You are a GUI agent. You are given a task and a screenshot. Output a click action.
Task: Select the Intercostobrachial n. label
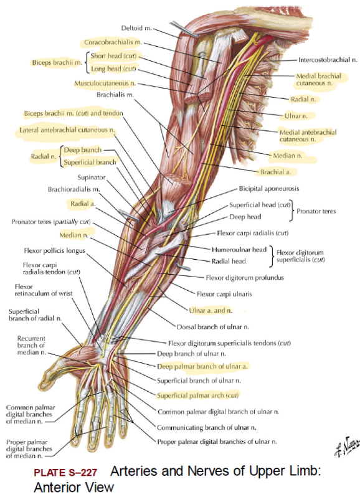click(328, 60)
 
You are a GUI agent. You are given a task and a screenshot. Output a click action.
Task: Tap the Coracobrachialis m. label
click(113, 42)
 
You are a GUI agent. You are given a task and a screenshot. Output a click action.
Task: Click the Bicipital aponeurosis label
click(269, 189)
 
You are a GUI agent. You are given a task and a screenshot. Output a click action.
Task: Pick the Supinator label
click(92, 177)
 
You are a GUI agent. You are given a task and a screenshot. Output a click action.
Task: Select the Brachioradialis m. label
click(74, 189)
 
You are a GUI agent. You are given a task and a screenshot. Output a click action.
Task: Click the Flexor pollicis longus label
click(55, 251)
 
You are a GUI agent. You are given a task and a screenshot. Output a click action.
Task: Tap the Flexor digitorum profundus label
click(245, 278)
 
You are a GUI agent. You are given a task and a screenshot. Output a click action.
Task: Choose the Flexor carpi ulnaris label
click(224, 294)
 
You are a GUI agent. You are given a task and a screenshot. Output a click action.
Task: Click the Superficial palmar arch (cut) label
click(197, 395)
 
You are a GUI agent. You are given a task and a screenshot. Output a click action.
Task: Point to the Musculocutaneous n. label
click(105, 83)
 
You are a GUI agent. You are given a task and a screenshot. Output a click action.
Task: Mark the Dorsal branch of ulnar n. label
click(213, 327)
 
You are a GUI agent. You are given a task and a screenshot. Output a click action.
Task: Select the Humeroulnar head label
click(239, 250)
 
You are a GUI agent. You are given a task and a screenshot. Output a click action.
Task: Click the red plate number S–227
click(65, 473)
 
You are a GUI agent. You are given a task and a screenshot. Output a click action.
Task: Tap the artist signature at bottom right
click(348, 446)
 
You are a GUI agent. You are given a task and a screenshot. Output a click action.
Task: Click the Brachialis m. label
click(115, 95)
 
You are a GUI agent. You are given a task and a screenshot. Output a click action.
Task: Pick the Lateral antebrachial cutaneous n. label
click(67, 130)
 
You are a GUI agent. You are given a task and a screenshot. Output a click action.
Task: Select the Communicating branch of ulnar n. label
click(207, 428)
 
